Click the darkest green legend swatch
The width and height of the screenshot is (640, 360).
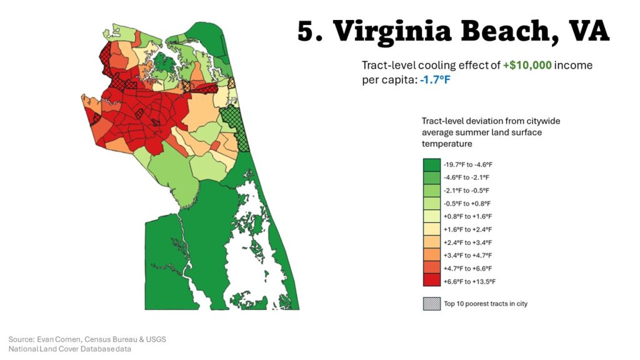(x=431, y=164)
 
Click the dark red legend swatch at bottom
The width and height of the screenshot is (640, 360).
(x=431, y=281)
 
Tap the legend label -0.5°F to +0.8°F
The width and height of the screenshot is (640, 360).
(x=467, y=203)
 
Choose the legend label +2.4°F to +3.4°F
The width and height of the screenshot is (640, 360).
(x=467, y=242)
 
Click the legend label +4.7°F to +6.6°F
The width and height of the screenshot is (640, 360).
(x=467, y=268)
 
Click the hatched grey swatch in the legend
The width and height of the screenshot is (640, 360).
(x=431, y=304)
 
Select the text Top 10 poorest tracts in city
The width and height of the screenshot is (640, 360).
(x=486, y=304)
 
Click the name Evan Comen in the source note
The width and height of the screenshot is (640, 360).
(x=61, y=339)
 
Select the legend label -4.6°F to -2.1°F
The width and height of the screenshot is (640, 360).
(x=467, y=177)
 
